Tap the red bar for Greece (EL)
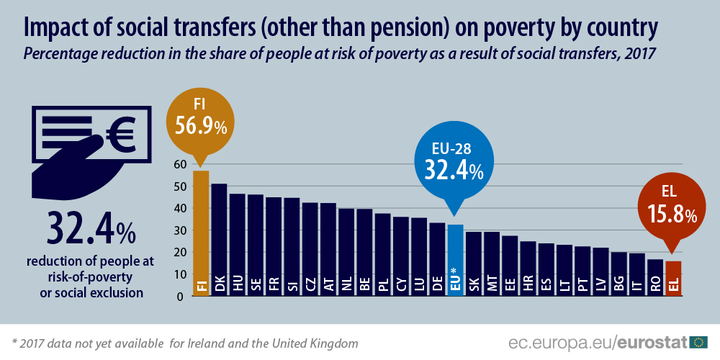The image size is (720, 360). coord(673,278)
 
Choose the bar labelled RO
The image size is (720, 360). coord(655,277)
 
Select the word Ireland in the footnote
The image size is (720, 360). coord(212,343)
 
